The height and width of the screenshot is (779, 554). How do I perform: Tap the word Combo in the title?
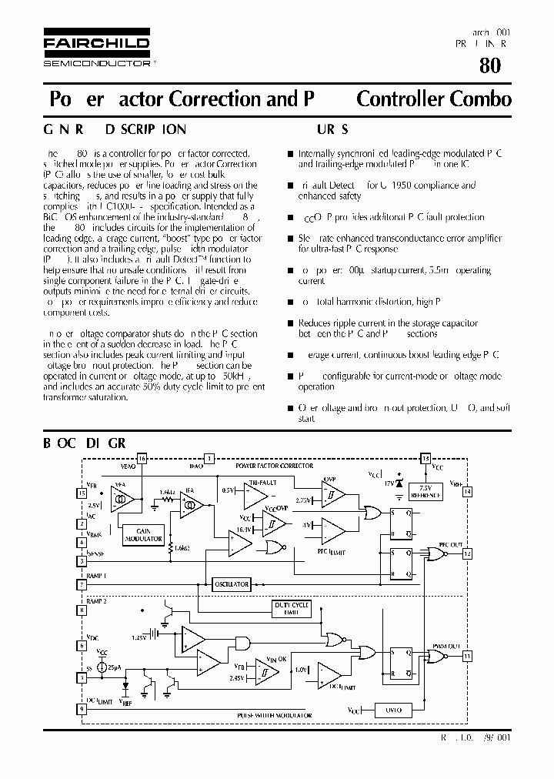482,99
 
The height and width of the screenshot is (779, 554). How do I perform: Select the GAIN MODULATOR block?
143,534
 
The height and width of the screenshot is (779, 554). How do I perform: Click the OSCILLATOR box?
231,584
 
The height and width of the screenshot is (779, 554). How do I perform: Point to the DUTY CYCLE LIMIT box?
292,608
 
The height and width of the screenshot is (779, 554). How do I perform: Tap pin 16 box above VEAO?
141,458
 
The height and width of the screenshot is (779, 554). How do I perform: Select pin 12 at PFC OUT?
467,553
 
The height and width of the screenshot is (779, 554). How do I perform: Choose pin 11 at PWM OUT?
467,656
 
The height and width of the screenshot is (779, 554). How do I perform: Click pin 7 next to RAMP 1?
82,584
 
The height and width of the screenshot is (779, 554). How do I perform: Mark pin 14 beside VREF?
467,490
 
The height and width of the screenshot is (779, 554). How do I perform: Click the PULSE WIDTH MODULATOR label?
266,716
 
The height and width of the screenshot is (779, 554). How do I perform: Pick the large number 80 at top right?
489,65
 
